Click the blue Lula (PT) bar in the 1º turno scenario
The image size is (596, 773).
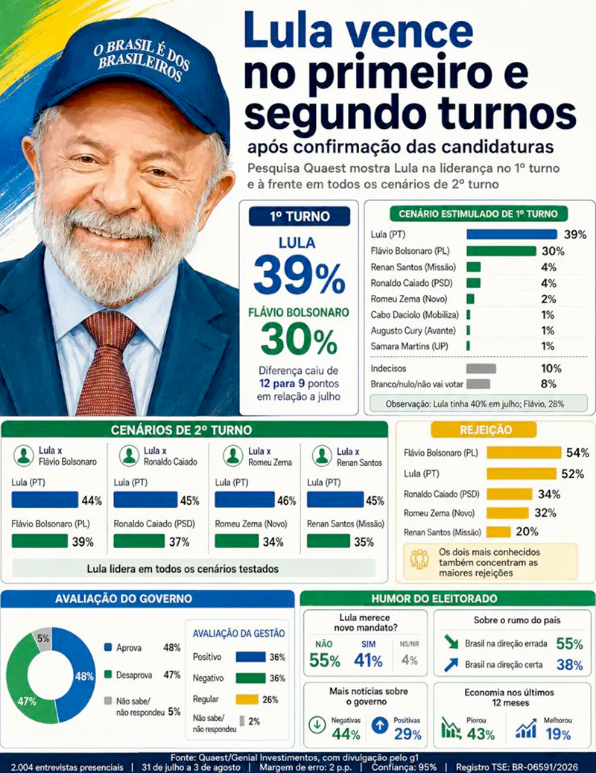[512, 234]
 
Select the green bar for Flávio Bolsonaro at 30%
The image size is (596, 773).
[501, 251]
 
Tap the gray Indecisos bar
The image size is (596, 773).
[481, 369]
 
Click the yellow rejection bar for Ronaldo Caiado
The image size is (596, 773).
[509, 494]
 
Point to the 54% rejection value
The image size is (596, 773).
[577, 453]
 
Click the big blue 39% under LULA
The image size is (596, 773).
[299, 276]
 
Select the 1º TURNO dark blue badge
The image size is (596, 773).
[299, 217]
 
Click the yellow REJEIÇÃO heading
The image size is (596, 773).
[484, 430]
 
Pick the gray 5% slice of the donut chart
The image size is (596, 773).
[42, 638]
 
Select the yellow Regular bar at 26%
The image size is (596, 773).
[247, 699]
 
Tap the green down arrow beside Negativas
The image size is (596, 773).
[317, 725]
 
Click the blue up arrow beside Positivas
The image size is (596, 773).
[379, 725]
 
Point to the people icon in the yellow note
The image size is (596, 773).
[419, 559]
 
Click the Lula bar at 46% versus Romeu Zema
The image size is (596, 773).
[244, 500]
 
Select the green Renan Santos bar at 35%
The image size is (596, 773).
[328, 541]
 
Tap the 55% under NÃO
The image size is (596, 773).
[324, 660]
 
